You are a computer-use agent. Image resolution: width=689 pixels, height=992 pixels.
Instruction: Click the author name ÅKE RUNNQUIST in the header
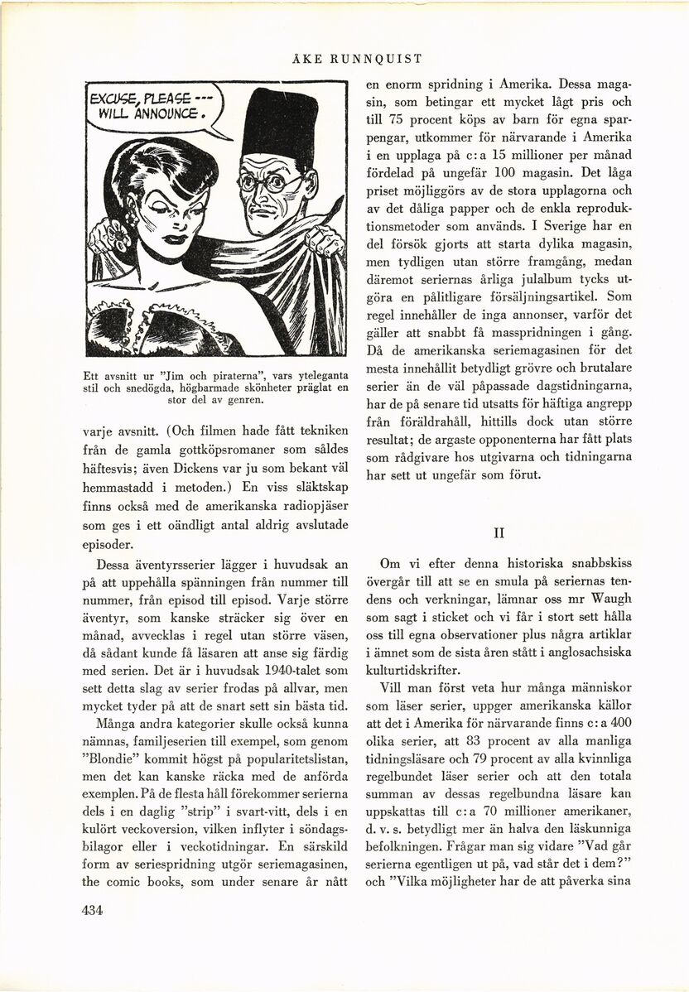358,59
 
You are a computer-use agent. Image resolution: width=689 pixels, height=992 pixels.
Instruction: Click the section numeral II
499,532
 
